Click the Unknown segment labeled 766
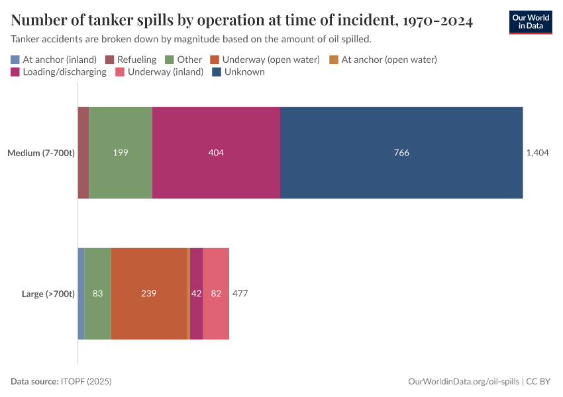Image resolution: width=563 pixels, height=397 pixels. point(401,153)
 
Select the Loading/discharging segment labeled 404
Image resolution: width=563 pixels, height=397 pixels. point(216,153)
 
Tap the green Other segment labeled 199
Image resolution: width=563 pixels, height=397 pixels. point(121,153)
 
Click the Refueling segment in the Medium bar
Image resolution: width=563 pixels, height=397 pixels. point(83,153)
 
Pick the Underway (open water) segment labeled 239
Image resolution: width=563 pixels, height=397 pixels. point(149,294)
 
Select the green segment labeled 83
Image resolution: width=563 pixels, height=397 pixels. point(97,294)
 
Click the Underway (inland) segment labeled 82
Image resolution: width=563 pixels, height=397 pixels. point(216,294)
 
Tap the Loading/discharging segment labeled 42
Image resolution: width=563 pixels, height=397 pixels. point(196,294)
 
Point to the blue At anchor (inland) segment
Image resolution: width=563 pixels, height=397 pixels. point(81,294)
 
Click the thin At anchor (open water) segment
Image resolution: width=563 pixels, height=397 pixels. point(189,294)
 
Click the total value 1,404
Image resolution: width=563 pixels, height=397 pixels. point(537,153)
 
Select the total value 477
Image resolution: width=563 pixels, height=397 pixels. point(240,294)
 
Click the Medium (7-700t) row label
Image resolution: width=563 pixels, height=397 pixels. point(41,153)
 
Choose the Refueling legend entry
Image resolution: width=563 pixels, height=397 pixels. point(130,60)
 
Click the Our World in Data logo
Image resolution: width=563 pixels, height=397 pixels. point(530,22)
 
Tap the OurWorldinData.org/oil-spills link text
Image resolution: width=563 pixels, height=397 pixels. point(464,382)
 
